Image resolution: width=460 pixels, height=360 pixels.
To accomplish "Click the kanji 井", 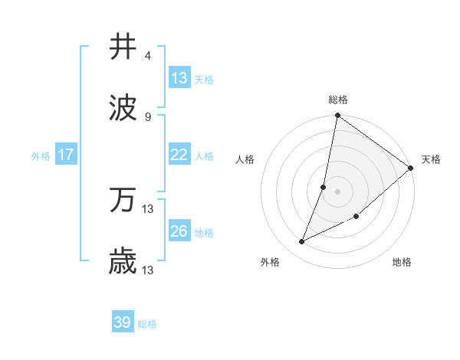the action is [123, 47].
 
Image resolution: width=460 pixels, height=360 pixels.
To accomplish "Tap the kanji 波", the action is [123, 107].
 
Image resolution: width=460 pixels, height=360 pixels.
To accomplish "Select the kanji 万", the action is [123, 201].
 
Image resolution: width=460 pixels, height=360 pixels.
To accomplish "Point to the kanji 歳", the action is [123, 261].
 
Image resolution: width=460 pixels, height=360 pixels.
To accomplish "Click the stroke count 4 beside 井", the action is [147, 56].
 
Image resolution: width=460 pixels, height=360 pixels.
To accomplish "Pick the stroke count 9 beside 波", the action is [147, 116].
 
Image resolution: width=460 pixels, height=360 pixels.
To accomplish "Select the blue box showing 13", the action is [179, 77].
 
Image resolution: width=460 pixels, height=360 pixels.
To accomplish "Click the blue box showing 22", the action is [179, 155].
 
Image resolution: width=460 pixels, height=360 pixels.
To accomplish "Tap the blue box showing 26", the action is [179, 231].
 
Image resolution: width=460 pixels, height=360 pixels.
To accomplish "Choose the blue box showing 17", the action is [66, 155].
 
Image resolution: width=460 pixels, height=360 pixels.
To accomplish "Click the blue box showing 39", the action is [123, 322].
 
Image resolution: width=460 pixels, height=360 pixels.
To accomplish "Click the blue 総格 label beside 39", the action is [147, 324].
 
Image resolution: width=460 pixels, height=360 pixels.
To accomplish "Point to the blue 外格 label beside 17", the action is [41, 155].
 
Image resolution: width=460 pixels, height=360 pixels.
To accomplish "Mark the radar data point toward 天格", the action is [411, 169].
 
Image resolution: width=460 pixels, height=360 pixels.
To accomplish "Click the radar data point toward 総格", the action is [337, 116].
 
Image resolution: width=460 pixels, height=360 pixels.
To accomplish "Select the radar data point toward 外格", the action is [302, 242].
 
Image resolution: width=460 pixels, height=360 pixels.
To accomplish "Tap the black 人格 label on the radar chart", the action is [245, 159].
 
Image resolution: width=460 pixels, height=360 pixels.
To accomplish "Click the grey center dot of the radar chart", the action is [337, 191].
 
